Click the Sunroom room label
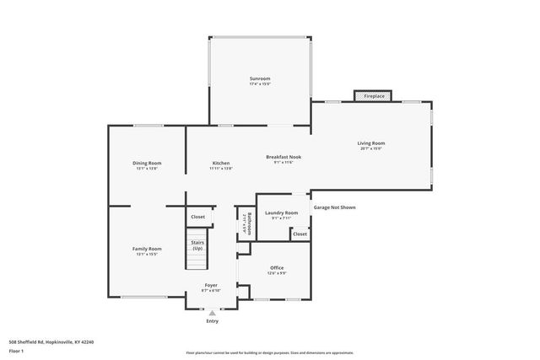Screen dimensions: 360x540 (259, 78)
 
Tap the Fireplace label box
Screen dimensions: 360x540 (369, 97)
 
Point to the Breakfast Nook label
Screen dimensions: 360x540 (283, 157)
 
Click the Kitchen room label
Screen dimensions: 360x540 (221, 163)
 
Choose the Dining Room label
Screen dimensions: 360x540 (147, 163)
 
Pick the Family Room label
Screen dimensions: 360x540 (147, 249)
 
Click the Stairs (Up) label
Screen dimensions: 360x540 (197, 246)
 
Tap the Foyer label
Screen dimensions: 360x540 (211, 285)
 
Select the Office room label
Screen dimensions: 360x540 (277, 269)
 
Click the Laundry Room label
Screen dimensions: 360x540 (281, 212)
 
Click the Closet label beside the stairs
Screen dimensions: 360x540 (197, 217)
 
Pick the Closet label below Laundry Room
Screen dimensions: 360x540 (300, 234)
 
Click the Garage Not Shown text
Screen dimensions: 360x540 (334, 207)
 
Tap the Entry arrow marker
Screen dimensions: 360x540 (212, 313)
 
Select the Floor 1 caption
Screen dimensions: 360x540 (16, 350)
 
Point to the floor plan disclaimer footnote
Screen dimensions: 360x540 (269, 354)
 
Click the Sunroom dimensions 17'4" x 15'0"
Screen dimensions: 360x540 (259, 84)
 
